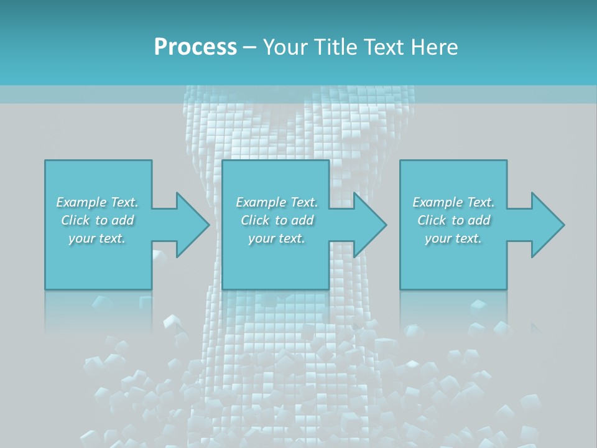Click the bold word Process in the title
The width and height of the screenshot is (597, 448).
(195, 47)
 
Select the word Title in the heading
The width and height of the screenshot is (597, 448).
(335, 47)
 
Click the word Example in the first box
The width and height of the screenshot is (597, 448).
(81, 202)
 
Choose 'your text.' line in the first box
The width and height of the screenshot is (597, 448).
(97, 238)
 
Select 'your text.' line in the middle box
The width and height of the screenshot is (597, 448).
(277, 238)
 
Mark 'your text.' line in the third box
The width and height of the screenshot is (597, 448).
(453, 238)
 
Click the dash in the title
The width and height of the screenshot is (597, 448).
(249, 47)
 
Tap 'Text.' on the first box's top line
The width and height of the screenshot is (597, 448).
(124, 202)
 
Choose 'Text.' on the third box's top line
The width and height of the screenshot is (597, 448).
(480, 202)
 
